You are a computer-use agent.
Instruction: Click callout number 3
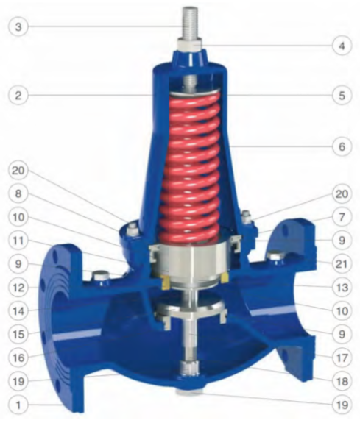coord(18,26)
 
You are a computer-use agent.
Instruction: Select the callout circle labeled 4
coord(342,46)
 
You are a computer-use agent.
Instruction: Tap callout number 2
coord(18,96)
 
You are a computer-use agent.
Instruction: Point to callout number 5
coord(342,96)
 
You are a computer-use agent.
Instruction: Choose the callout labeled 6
coord(342,146)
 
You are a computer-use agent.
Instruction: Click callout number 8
coord(18,193)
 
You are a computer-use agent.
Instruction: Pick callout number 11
coord(18,241)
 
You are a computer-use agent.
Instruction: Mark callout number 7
coord(342,217)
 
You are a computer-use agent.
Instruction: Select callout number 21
coord(342,263)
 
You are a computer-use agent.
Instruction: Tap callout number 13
coord(342,288)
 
